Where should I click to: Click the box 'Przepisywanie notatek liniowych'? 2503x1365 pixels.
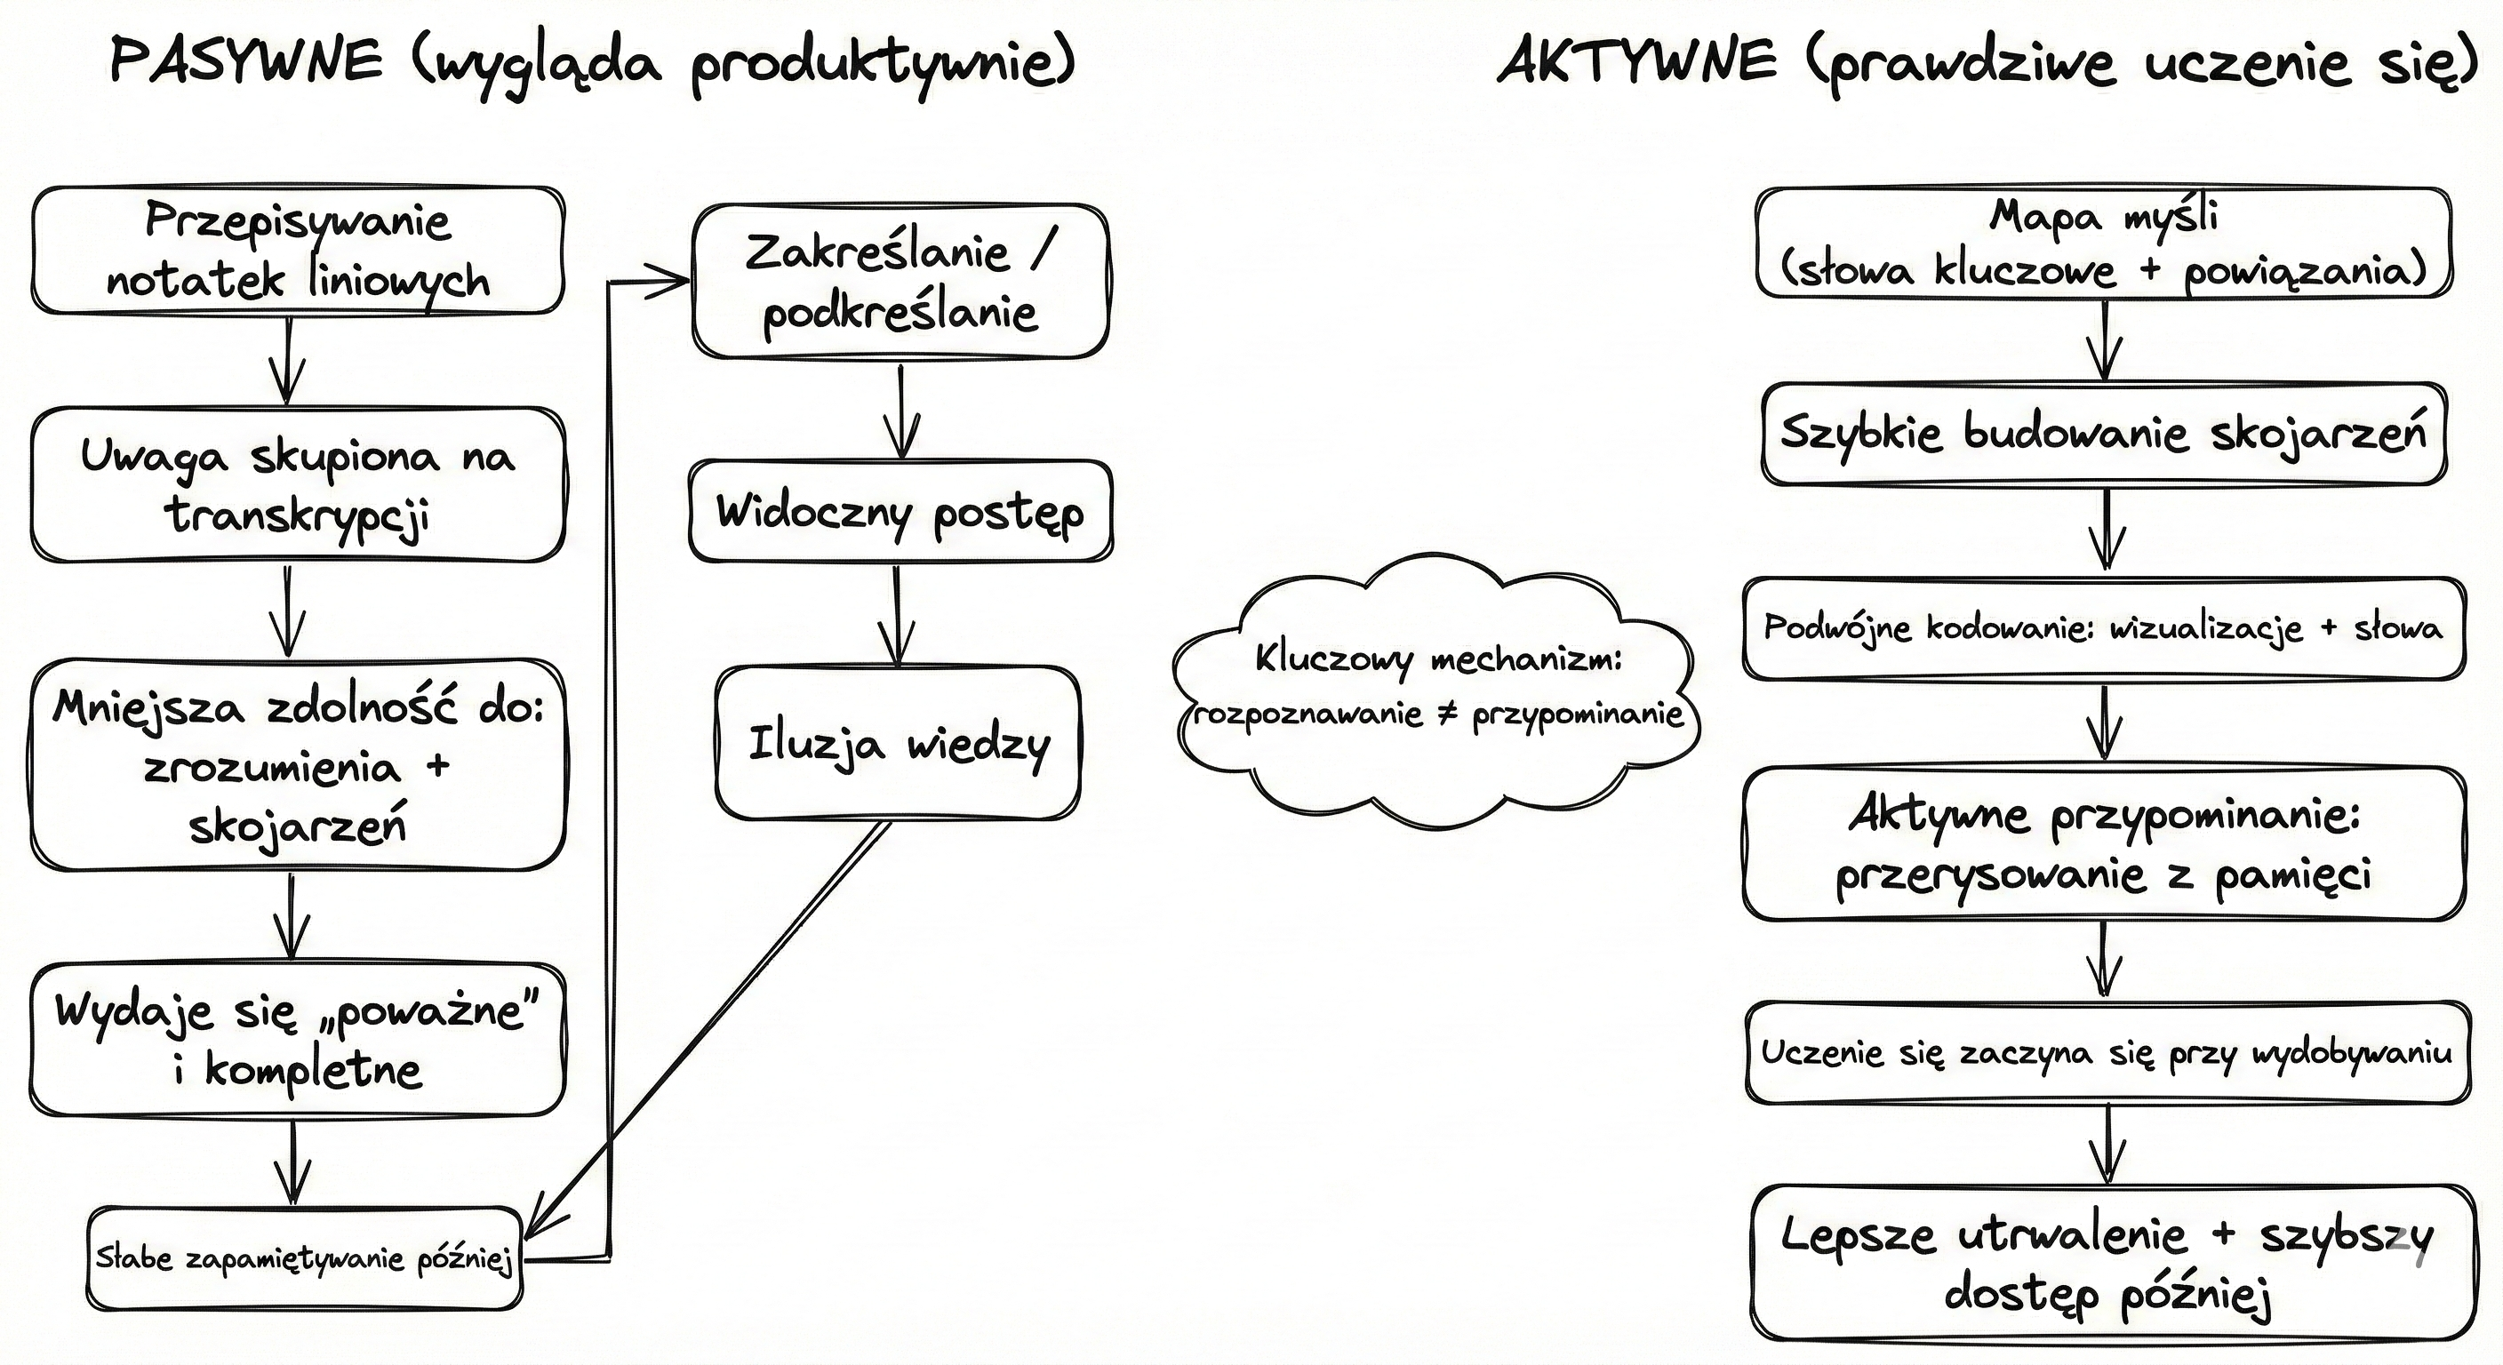tap(298, 251)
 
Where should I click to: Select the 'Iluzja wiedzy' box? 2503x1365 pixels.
tap(898, 743)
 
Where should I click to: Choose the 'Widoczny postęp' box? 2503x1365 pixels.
tap(900, 512)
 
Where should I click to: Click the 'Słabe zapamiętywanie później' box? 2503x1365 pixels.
tap(303, 1259)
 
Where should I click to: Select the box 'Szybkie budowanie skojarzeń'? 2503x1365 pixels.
tap(2104, 435)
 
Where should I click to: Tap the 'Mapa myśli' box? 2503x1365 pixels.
tap(2104, 243)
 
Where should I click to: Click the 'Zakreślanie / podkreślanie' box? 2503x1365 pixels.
tap(900, 282)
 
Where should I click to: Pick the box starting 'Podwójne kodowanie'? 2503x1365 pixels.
tap(2104, 628)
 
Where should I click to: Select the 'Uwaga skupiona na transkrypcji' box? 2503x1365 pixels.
tap(298, 483)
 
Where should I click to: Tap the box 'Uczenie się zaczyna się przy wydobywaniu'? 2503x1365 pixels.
tap(2107, 1053)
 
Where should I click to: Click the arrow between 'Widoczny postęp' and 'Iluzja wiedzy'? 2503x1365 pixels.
tap(896, 614)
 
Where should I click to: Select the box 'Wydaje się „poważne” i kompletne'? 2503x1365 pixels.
tap(298, 1040)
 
